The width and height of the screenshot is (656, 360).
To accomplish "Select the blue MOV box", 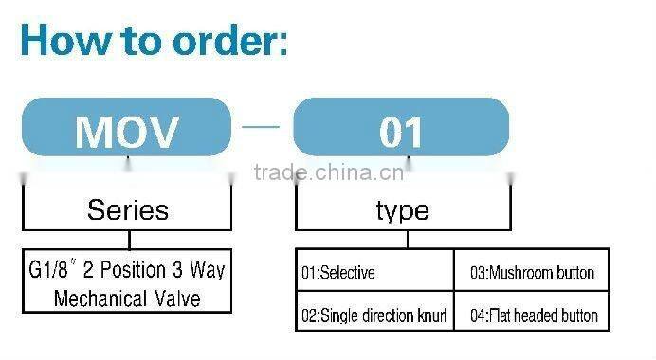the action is [x=126, y=128].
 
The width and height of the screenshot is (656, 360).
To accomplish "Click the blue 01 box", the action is [x=401, y=128].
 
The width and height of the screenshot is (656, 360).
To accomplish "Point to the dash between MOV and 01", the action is [x=263, y=127].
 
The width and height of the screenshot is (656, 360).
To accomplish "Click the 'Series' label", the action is [x=127, y=209].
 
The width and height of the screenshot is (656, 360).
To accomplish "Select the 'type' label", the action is [x=402, y=209].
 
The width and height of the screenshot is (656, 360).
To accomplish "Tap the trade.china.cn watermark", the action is [x=329, y=172].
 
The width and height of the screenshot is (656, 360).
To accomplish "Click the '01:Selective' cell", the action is [x=338, y=274].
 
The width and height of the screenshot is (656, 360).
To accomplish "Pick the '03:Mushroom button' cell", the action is [x=532, y=274].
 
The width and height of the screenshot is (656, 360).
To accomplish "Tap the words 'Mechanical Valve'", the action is [x=127, y=298].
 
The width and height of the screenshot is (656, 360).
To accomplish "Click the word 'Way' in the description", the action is [x=207, y=271].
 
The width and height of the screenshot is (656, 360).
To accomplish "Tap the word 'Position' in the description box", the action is [x=133, y=271].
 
